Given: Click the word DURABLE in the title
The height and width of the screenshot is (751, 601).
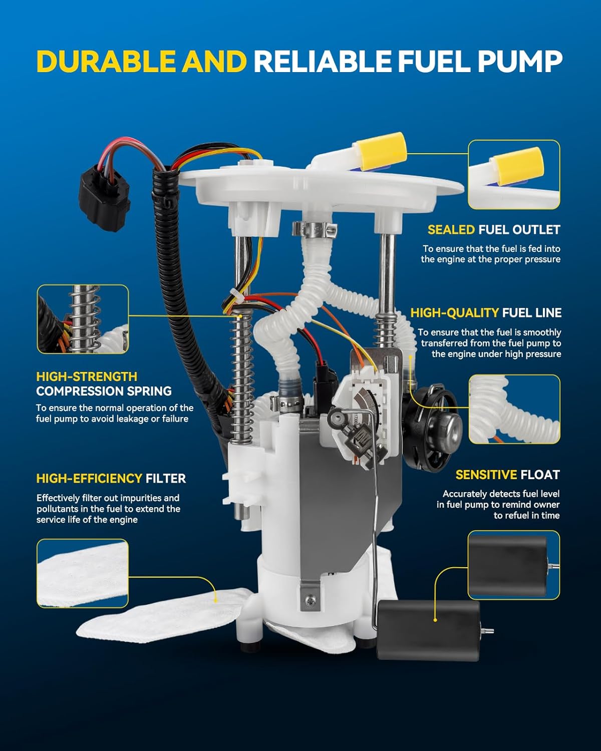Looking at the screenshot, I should tap(106, 61).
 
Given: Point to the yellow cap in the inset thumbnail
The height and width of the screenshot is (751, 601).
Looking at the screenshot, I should tap(517, 165).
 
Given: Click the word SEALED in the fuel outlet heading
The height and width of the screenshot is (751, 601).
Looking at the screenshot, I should tap(451, 230).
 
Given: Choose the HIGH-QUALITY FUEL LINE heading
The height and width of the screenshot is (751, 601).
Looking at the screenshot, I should tap(486, 313).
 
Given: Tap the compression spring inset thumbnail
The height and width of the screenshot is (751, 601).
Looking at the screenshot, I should tap(83, 319).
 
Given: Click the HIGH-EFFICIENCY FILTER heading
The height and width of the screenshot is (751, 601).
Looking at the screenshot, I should tap(111, 479).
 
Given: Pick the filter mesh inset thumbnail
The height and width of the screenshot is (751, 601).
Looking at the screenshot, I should tap(83, 573).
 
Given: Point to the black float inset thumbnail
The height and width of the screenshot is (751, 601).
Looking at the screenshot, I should tap(513, 565).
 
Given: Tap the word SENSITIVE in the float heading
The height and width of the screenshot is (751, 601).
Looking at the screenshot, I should tap(486, 475).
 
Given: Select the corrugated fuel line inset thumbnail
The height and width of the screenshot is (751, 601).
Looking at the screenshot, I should tap(514, 409).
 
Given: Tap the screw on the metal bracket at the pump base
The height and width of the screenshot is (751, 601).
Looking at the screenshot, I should tap(312, 599).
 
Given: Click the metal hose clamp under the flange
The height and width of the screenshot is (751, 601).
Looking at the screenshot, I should tap(314, 230).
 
